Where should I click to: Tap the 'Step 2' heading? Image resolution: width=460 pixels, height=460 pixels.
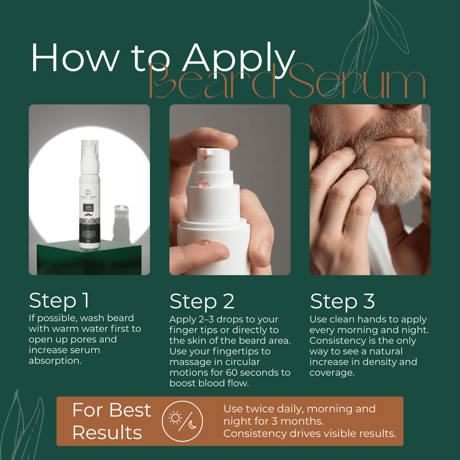[x=202, y=302]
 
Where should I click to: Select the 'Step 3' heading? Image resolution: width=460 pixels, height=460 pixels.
[x=342, y=302]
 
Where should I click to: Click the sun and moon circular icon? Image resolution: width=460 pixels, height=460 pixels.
[x=182, y=421]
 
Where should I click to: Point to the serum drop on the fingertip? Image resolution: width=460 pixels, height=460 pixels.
[x=204, y=242]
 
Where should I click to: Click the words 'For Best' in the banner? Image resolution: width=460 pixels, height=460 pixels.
[x=112, y=410]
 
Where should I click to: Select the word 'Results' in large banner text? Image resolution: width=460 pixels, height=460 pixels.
[x=107, y=432]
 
